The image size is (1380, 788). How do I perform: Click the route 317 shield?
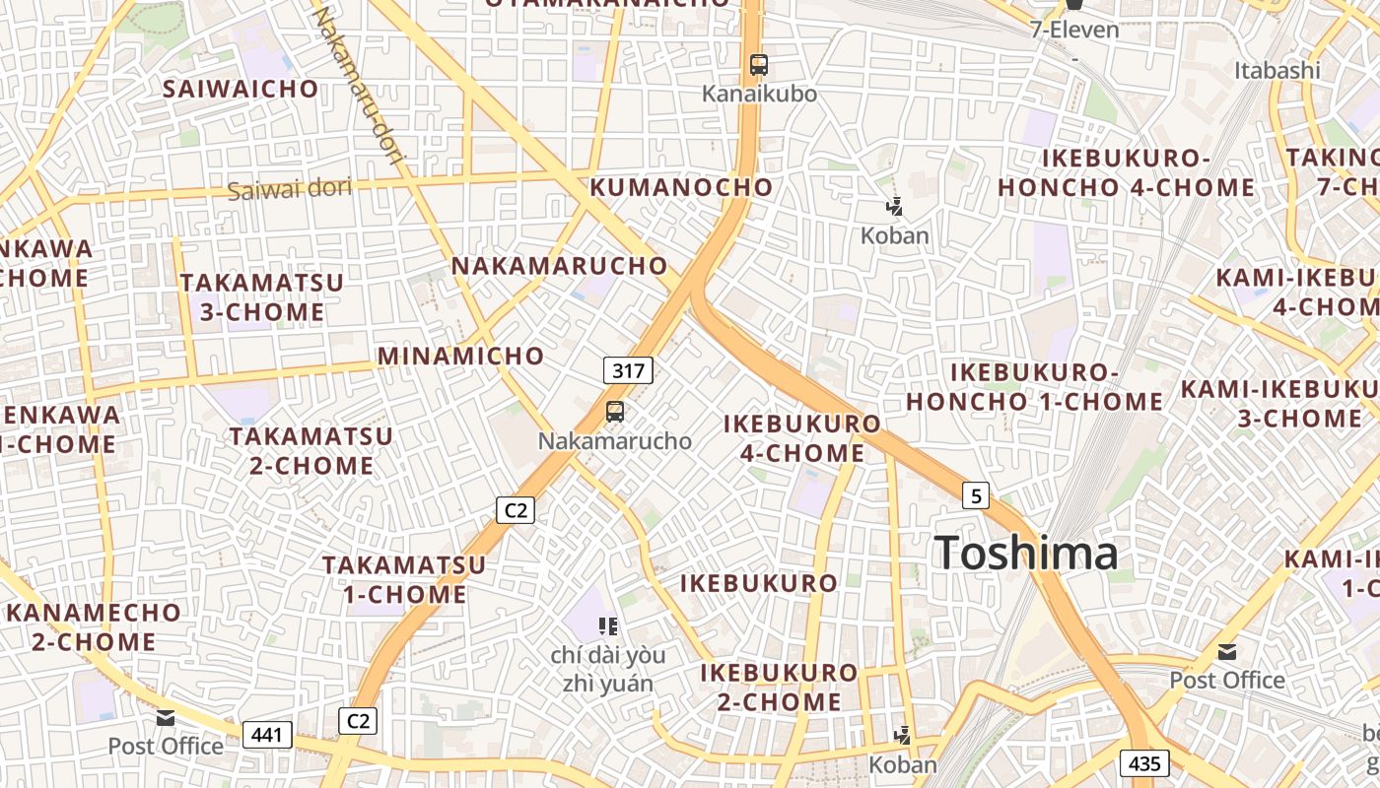click(x=628, y=370)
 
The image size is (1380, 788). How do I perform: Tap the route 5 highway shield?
click(x=975, y=494)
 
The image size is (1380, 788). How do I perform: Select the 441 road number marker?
click(x=267, y=734)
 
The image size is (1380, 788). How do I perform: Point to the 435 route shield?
click(x=1144, y=762)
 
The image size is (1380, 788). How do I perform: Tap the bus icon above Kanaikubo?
click(x=758, y=65)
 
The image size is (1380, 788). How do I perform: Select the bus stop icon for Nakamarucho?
click(x=615, y=412)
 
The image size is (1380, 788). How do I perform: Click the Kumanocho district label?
click(x=681, y=187)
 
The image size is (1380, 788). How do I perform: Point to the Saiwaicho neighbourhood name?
click(x=241, y=89)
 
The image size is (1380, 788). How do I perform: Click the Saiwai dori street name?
click(x=289, y=188)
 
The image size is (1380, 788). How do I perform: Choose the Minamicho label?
click(x=460, y=356)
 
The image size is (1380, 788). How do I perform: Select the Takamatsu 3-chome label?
click(x=262, y=297)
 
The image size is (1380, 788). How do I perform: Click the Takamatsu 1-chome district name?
click(x=404, y=579)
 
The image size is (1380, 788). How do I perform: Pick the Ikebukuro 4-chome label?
click(x=802, y=438)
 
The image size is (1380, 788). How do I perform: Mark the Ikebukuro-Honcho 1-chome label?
click(x=1035, y=387)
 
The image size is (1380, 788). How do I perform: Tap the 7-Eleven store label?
click(x=1074, y=30)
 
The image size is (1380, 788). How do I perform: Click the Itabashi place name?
click(x=1276, y=70)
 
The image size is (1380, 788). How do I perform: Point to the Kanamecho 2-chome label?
click(x=95, y=626)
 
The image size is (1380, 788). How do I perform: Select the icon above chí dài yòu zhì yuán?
click(x=607, y=625)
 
